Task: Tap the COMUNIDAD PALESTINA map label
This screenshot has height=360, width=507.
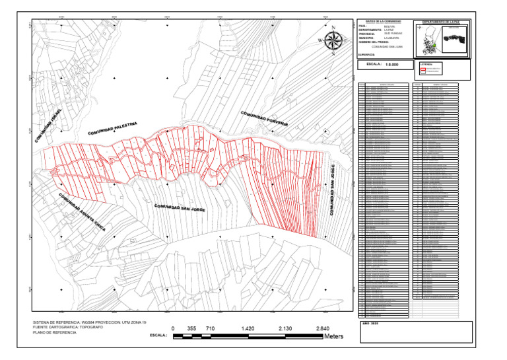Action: coord(113,129)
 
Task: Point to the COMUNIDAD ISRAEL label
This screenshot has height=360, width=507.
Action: coord(48,126)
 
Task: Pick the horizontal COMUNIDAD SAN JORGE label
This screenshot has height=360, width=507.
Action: coord(180,208)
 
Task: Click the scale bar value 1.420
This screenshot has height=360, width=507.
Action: coord(248,328)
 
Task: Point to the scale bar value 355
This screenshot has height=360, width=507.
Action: coord(192,328)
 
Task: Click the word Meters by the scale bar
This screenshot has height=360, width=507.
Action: coord(334,336)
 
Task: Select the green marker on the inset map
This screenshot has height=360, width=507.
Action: coord(434,46)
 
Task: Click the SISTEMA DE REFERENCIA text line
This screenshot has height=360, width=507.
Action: coord(89,322)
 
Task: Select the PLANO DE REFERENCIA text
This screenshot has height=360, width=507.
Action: coord(54,332)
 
